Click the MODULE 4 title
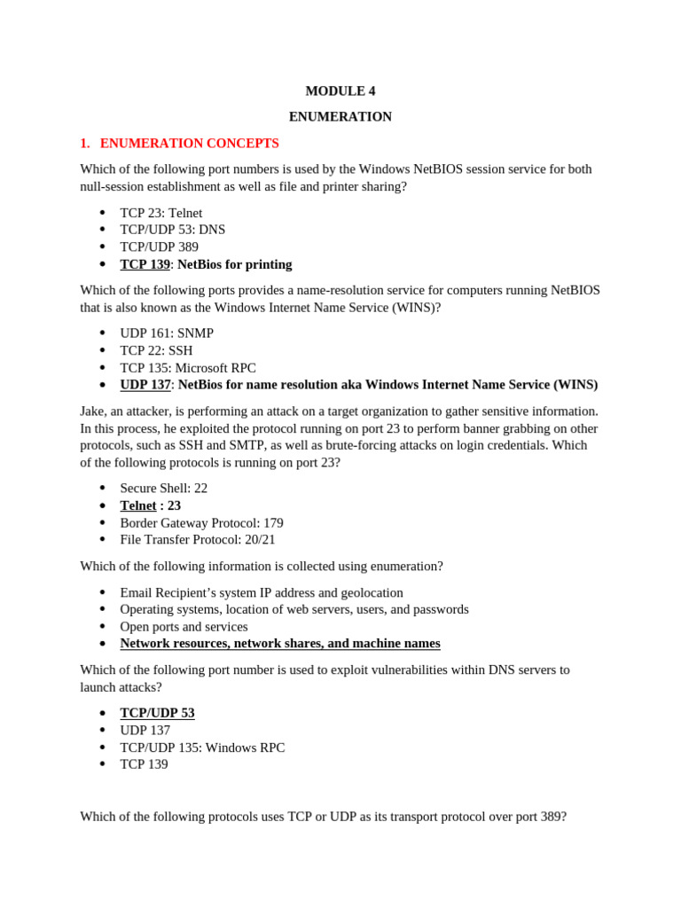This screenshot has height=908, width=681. click(340, 90)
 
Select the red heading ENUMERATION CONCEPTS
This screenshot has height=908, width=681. click(189, 143)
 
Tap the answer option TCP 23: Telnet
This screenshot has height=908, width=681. click(160, 213)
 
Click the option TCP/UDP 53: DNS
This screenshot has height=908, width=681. click(172, 230)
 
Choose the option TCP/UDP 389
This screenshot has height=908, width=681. click(159, 247)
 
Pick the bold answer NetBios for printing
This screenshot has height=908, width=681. click(235, 264)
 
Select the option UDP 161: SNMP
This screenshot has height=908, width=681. click(167, 333)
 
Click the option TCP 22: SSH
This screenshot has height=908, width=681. click(156, 350)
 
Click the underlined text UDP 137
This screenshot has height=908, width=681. click(145, 385)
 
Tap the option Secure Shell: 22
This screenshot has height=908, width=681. click(163, 489)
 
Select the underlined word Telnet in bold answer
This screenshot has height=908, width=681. click(138, 505)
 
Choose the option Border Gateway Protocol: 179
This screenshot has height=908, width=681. click(201, 523)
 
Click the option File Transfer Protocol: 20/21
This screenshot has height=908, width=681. click(198, 539)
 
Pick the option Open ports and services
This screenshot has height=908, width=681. click(184, 627)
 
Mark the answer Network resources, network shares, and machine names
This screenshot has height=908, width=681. click(280, 644)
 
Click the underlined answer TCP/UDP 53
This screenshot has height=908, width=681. click(157, 713)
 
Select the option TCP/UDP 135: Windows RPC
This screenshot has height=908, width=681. click(202, 748)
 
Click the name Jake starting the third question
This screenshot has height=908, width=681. click(91, 411)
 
